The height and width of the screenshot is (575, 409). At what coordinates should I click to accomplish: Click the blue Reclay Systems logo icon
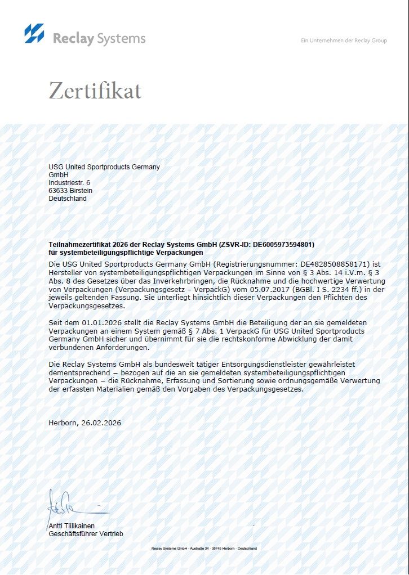coord(34,33)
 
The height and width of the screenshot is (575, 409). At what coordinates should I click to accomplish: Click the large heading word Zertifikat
coord(95,91)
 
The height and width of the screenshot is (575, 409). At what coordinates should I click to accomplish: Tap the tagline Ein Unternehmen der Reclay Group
coord(344,41)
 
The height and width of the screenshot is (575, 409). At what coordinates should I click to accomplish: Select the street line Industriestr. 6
coord(69,183)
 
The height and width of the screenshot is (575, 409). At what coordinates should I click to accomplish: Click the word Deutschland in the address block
coord(68,199)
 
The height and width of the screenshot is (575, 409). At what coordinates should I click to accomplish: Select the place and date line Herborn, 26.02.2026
coord(85,423)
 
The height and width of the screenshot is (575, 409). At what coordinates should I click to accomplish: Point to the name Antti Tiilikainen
coord(72,525)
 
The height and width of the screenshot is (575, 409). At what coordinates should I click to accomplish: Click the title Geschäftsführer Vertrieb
coord(86,533)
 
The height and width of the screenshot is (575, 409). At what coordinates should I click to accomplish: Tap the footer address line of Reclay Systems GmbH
coord(204,548)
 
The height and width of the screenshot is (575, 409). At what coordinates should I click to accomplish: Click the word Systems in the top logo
coord(121,39)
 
